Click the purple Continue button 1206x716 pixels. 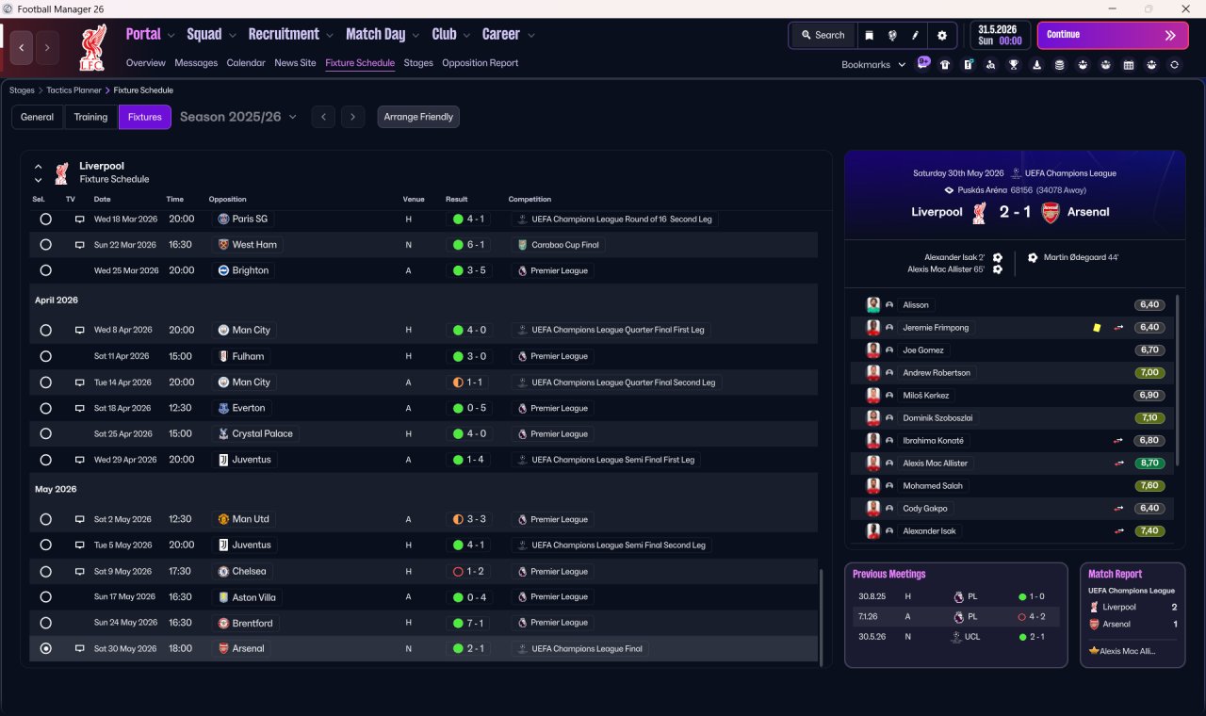(x=1113, y=35)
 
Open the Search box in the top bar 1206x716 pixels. (x=823, y=35)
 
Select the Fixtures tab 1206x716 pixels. (x=145, y=117)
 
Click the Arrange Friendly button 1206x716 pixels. (x=418, y=117)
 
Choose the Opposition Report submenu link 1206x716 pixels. (x=480, y=63)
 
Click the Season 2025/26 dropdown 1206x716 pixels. (x=238, y=117)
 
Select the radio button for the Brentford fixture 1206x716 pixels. (x=46, y=623)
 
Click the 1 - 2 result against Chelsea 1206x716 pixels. (x=468, y=571)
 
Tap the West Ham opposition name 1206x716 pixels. (x=254, y=244)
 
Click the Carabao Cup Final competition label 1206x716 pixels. (x=564, y=245)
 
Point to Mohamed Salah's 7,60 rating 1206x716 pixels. (x=1149, y=485)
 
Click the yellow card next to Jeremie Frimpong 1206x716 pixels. (x=1097, y=327)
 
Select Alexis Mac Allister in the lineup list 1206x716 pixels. (x=935, y=463)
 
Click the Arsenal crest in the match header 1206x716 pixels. (x=1050, y=212)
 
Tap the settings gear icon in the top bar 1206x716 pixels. (x=941, y=36)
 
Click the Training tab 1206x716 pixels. (x=90, y=117)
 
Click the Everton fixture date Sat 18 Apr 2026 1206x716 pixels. (x=122, y=408)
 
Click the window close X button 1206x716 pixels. (x=1185, y=8)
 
